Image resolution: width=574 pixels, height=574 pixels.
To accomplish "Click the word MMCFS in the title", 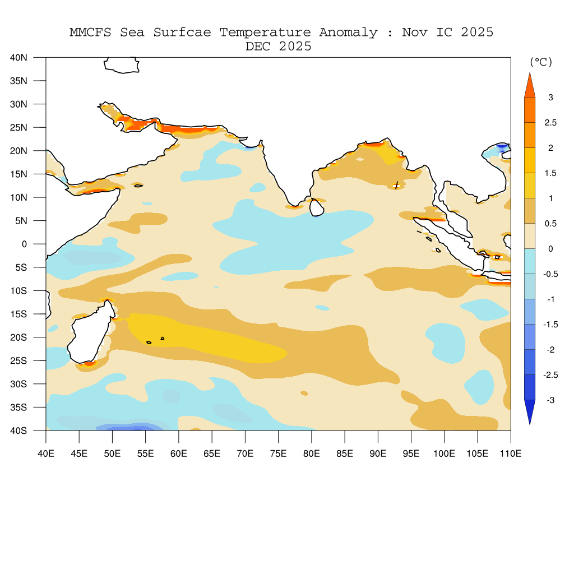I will coord(91,33).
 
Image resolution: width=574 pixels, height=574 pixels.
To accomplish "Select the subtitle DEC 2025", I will coord(279,47).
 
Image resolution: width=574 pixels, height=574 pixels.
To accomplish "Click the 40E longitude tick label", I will coord(46,453).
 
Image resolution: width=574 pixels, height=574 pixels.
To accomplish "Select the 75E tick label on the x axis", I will coord(279,453).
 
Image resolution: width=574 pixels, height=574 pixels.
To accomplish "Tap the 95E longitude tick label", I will coord(411,453).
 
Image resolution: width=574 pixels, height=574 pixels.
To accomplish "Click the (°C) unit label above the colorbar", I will coord(541,62).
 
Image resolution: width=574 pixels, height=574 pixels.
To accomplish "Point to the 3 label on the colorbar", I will coord(550,98).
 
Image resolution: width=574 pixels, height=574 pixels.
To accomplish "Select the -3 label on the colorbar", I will coord(550,400).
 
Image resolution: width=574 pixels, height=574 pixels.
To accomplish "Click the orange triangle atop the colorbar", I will coord(530,86).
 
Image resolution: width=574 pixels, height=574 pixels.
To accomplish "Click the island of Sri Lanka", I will coord(317,207).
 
